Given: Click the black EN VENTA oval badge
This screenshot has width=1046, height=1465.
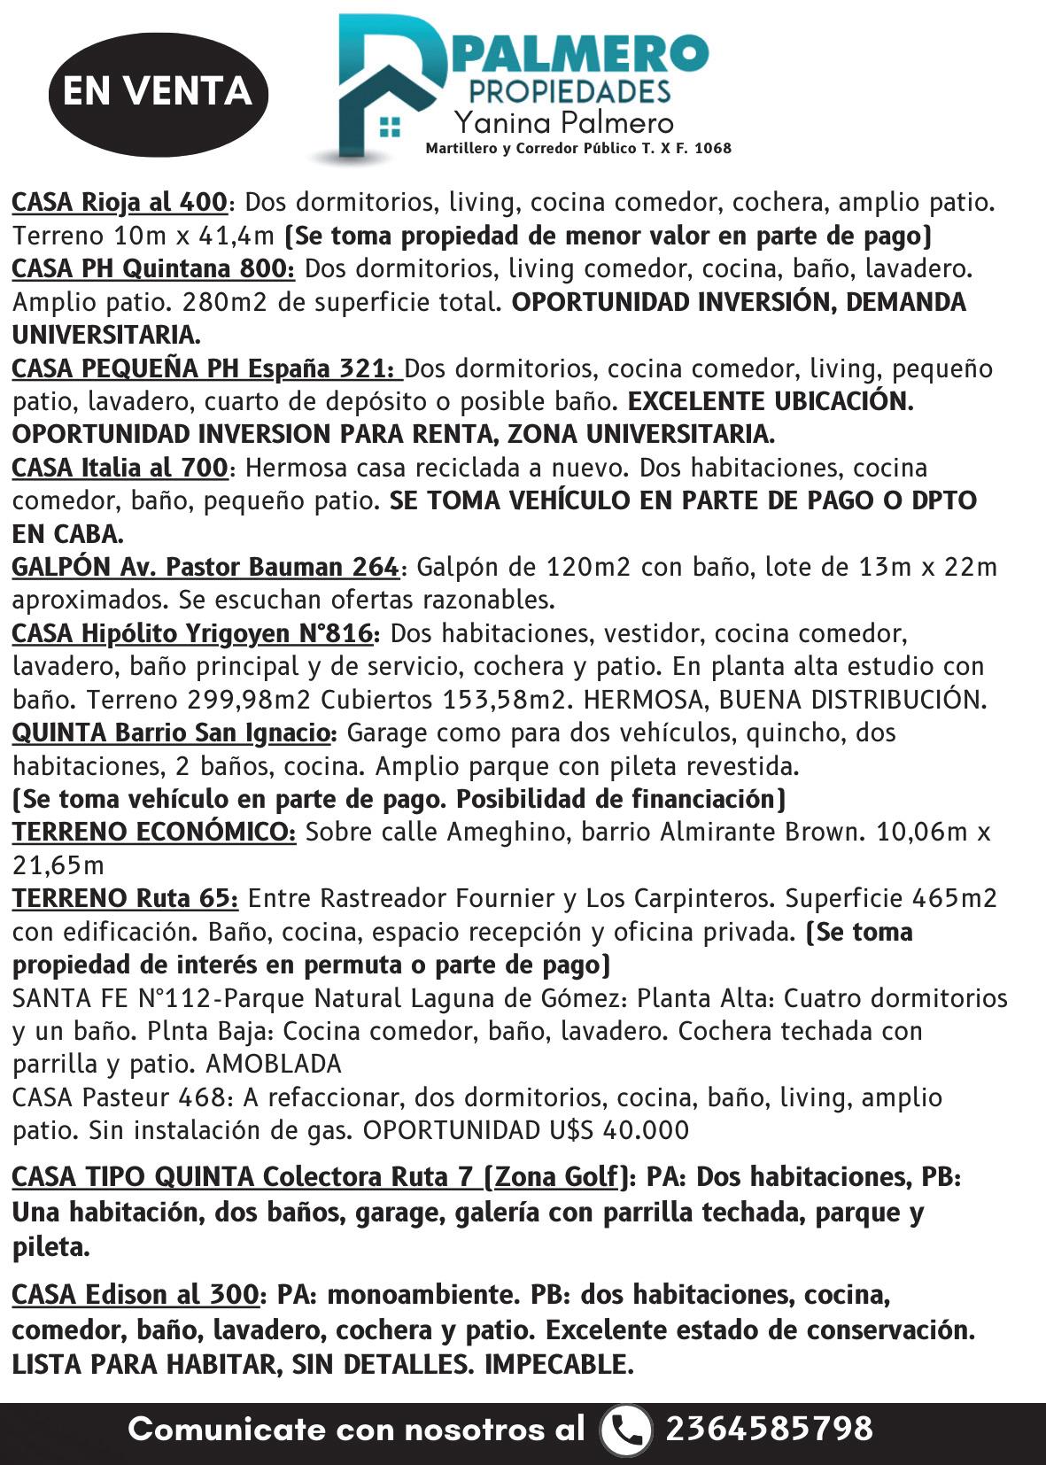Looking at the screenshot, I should click(x=158, y=91).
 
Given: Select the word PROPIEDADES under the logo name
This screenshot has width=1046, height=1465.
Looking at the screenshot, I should click(x=569, y=91).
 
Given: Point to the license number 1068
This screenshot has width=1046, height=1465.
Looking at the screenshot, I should click(x=713, y=149).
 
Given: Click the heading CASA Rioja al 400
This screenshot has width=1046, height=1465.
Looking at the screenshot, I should click(x=120, y=203).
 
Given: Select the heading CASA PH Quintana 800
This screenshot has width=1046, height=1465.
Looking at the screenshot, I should click(x=153, y=268).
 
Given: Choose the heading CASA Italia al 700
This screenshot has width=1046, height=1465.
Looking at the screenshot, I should click(x=120, y=468).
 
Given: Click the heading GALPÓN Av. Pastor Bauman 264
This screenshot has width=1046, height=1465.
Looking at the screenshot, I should click(x=205, y=567).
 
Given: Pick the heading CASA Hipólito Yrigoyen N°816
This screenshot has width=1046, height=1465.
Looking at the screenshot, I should click(x=195, y=634).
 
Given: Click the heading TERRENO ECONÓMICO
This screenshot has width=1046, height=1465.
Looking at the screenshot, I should click(x=153, y=833).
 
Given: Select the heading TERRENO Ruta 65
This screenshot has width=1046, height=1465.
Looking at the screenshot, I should click(x=125, y=899).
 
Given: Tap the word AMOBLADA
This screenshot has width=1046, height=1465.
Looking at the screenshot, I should click(x=274, y=1064).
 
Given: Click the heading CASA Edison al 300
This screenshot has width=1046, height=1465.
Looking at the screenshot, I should click(x=135, y=1295).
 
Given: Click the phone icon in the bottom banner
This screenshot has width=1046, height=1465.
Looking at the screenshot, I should click(x=625, y=1429).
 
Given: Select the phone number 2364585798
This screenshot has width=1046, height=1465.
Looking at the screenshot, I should click(x=769, y=1429).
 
